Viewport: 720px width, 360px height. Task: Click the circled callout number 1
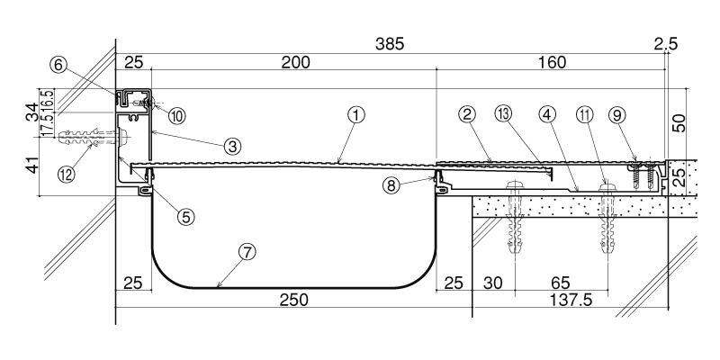tap(355, 116)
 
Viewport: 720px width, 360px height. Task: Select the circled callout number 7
tap(247, 252)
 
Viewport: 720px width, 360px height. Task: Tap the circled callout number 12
tap(67, 174)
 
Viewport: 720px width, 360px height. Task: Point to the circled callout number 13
tap(503, 115)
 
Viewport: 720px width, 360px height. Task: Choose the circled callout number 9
tap(617, 116)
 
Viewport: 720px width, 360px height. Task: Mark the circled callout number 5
tap(185, 216)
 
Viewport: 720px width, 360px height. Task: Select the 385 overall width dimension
tap(390, 44)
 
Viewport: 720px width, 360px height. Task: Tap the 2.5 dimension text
tap(665, 44)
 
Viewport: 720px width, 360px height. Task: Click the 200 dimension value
tap(296, 62)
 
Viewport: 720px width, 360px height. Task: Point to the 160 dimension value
tap(553, 62)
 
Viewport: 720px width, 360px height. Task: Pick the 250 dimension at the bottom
tap(294, 300)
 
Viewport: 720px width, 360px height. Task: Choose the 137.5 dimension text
tap(571, 300)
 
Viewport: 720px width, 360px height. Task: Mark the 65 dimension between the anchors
tap(560, 283)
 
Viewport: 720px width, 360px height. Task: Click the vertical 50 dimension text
tap(679, 123)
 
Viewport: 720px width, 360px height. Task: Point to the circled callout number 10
tap(176, 116)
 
